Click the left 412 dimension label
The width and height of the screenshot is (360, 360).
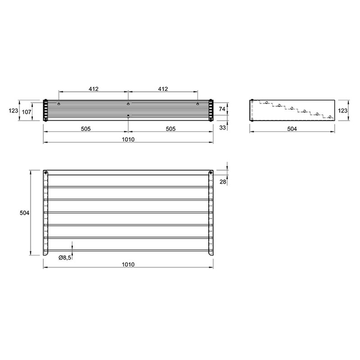93,89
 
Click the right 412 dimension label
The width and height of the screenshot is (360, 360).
163,89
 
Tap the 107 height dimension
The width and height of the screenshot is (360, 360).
26,112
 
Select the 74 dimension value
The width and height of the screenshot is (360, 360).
222,109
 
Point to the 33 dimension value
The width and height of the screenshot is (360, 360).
222,127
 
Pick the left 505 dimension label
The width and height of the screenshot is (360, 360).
86,129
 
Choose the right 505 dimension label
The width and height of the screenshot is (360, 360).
171,129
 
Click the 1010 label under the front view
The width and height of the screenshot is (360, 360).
128,140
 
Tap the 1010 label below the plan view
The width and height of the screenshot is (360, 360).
128,264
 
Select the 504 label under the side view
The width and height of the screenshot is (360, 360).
292,129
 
